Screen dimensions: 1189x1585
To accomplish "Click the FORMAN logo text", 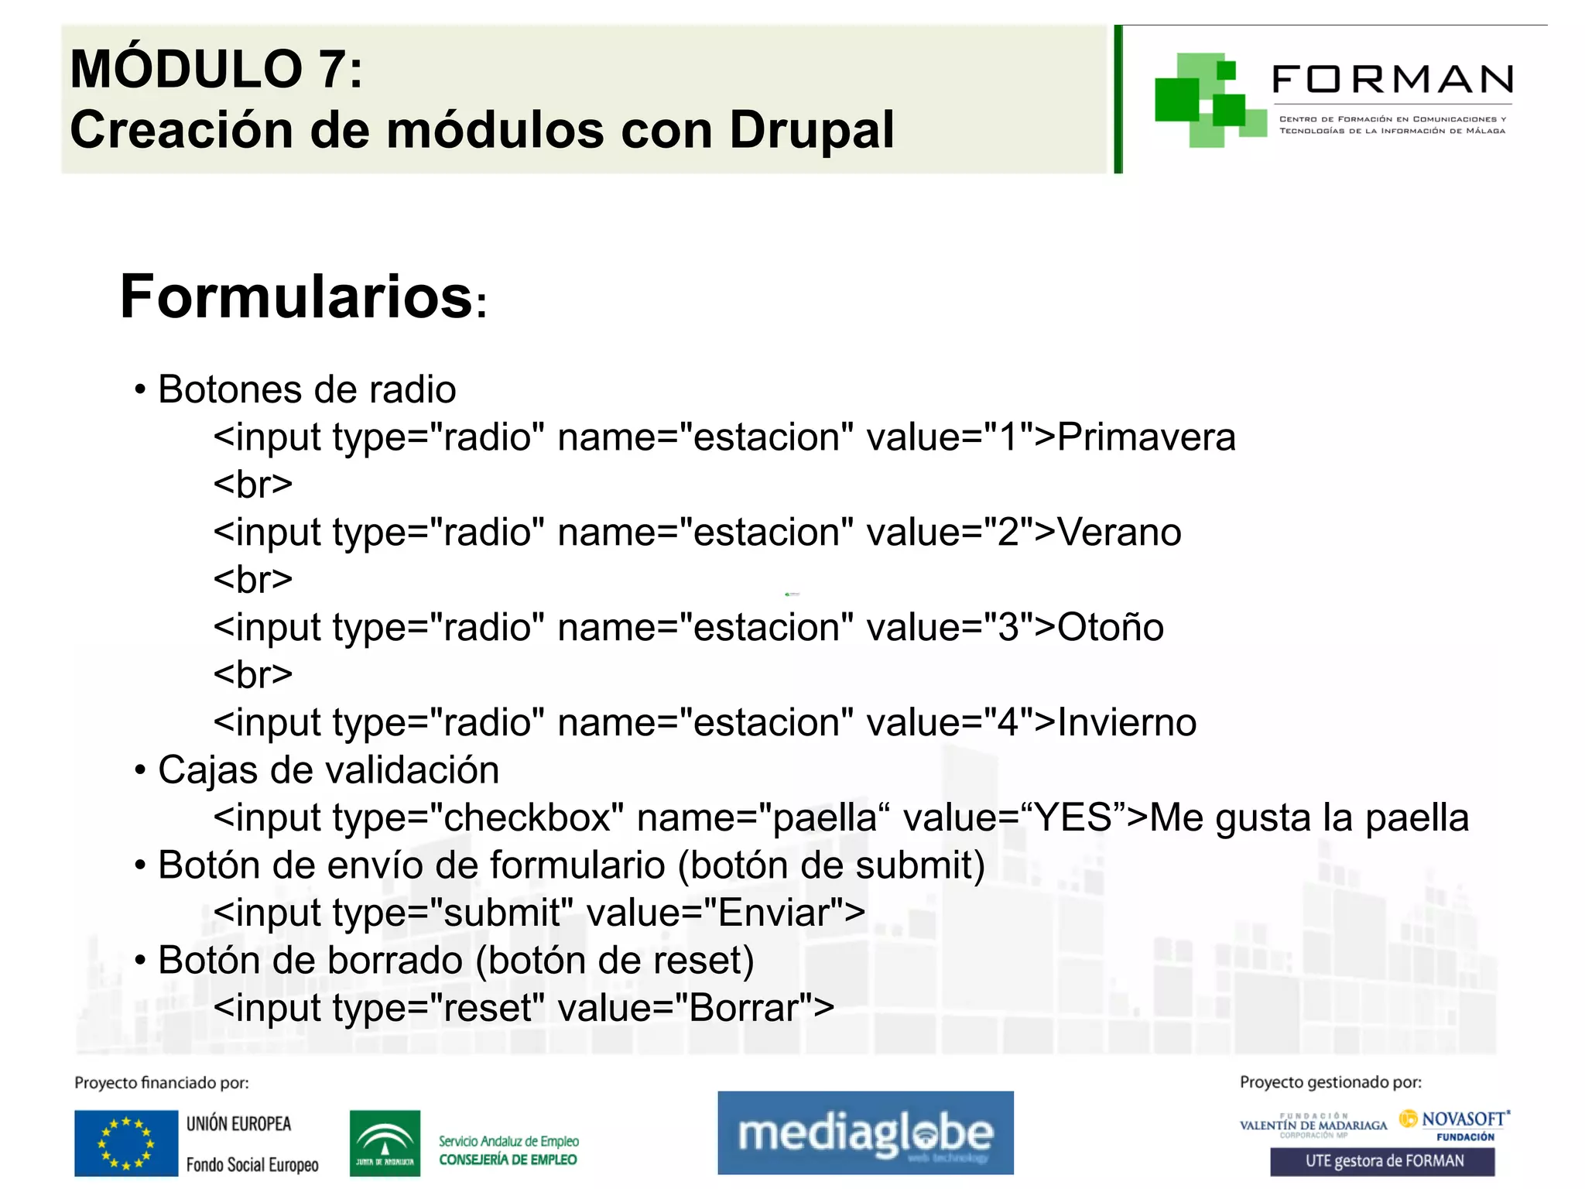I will coord(1392,80).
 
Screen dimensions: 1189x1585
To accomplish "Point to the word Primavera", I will coord(1146,437).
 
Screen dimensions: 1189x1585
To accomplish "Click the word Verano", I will coord(1119,533).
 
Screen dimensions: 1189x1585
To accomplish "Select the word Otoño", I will coord(1111,627).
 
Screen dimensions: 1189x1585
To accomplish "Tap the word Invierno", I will coord(1127,722).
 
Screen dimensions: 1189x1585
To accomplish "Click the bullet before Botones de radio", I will coord(140,389).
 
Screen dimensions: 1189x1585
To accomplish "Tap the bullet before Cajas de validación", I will coord(140,770).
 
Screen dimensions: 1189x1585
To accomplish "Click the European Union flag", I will coord(126,1143).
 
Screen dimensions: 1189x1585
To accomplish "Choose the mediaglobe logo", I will coord(865,1132).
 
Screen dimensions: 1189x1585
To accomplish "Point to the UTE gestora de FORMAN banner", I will coord(1382,1161).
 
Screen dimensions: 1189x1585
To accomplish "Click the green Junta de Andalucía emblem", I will coord(385,1143).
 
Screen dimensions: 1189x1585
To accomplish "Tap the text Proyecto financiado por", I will coord(161,1083).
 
